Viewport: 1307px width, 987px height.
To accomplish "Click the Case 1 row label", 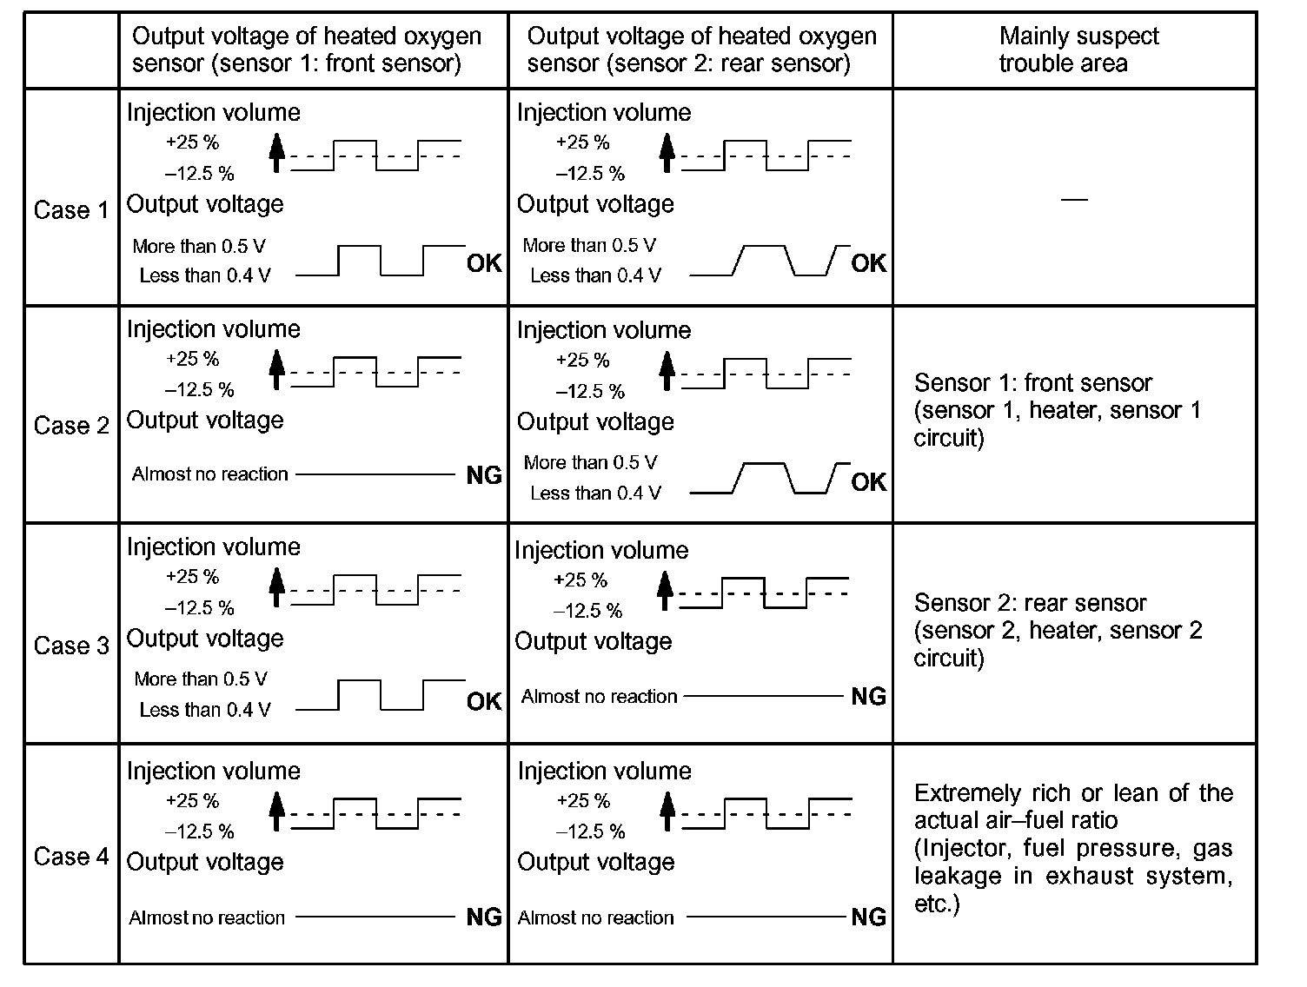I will click(x=71, y=210).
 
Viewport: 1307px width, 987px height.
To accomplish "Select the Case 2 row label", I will click(x=71, y=426).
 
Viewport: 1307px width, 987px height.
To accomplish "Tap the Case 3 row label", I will click(x=71, y=646).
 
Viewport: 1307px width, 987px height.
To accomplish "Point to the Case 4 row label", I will click(x=71, y=857).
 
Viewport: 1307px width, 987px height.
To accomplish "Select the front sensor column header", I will click(x=306, y=50).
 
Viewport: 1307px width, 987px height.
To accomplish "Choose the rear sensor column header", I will click(x=701, y=50).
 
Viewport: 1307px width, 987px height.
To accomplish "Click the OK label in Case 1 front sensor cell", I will click(x=484, y=263).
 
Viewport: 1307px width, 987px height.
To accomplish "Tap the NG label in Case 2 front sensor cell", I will click(x=484, y=475).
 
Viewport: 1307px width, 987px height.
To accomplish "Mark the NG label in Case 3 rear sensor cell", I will click(x=868, y=696).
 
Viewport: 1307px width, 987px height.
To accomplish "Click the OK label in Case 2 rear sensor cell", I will click(x=868, y=482).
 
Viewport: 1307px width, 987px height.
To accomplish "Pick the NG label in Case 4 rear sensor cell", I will click(x=868, y=917).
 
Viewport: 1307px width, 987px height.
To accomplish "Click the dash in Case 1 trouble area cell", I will click(x=1075, y=200).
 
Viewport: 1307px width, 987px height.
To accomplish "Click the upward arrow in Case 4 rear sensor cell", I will click(x=667, y=811).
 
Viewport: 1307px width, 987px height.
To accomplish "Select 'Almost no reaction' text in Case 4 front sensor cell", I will click(x=207, y=917).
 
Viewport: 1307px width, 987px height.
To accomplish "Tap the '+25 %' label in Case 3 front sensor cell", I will click(x=192, y=577).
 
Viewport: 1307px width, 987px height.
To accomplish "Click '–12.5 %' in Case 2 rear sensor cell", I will click(x=590, y=391).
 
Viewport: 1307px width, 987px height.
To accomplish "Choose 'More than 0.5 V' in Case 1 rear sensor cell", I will click(x=589, y=246).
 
